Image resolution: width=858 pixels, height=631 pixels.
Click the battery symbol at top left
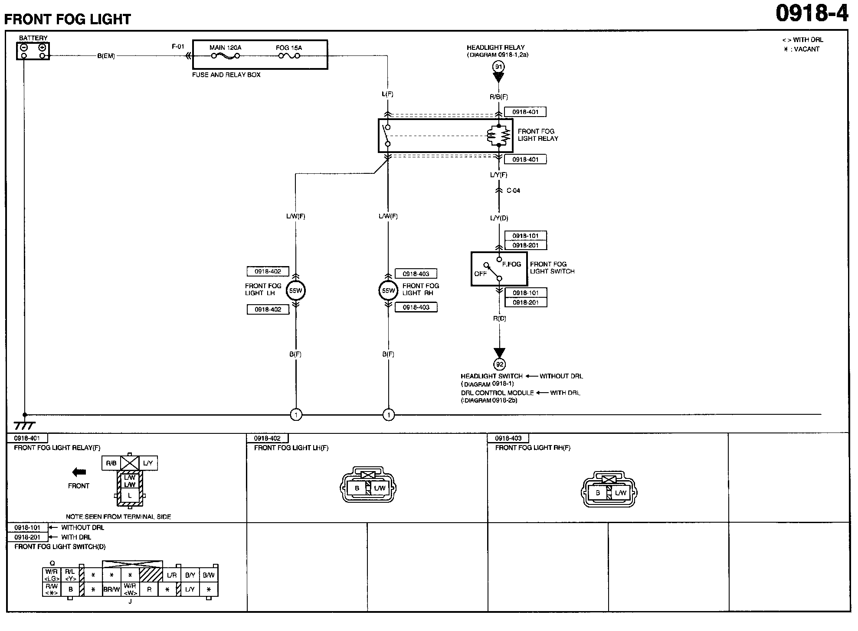pyautogui.click(x=33, y=51)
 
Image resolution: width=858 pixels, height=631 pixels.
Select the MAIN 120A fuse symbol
pyautogui.click(x=225, y=56)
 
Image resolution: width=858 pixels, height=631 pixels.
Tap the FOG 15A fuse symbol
pyautogui.click(x=288, y=56)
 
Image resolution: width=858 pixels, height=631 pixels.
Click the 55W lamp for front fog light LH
pyautogui.click(x=296, y=291)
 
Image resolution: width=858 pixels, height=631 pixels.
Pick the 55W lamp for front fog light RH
pyautogui.click(x=388, y=291)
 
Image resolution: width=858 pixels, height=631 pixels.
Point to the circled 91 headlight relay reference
pyautogui.click(x=499, y=67)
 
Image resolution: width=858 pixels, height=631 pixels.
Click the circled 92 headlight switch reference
pyautogui.click(x=500, y=364)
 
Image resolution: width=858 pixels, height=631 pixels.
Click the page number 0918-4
pyautogui.click(x=812, y=13)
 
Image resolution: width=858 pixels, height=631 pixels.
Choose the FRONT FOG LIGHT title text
pyautogui.click(x=68, y=20)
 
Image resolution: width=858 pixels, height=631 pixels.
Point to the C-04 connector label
pyautogui.click(x=513, y=191)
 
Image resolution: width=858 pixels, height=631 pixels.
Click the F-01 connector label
pyautogui.click(x=178, y=47)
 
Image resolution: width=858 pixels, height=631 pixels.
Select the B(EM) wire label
pyautogui.click(x=106, y=56)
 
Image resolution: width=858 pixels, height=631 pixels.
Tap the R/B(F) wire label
pyautogui.click(x=499, y=97)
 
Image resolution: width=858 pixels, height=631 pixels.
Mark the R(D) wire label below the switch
pyautogui.click(x=500, y=319)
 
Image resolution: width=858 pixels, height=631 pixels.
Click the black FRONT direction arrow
pyautogui.click(x=79, y=472)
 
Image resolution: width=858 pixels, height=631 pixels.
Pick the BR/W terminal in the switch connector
pyautogui.click(x=111, y=589)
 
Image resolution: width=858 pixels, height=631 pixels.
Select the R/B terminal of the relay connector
pyautogui.click(x=111, y=463)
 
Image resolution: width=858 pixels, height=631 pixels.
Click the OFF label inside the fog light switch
pyautogui.click(x=481, y=274)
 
